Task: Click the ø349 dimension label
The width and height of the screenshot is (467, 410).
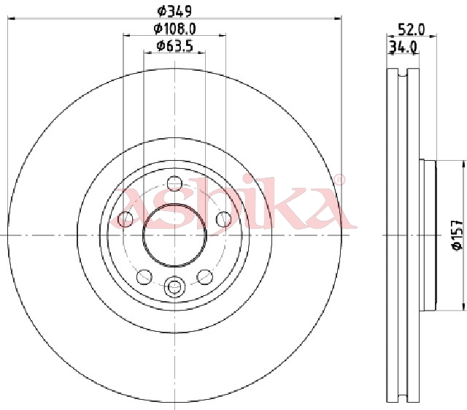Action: pos(174,12)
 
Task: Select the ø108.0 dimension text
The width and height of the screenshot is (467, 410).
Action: pos(175,29)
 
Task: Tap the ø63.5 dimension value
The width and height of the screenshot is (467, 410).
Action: pos(175,46)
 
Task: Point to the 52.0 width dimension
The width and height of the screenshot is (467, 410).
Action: pos(412,29)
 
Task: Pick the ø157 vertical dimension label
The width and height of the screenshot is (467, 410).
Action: pos(458,235)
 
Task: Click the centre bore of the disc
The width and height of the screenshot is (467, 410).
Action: pos(174,235)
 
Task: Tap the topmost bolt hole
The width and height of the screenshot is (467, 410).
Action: pos(174,183)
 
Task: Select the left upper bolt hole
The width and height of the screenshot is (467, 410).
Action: pos(126,219)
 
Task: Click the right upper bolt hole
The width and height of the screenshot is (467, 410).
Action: pos(224,219)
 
